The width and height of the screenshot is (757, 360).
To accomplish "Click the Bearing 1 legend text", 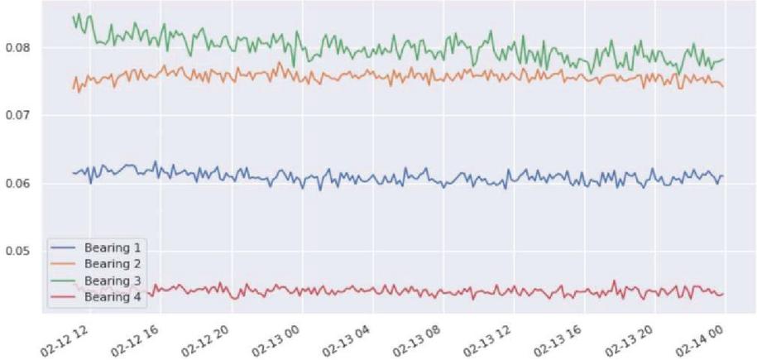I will pos(110,247).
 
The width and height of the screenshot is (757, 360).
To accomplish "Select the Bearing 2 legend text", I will pos(110,263).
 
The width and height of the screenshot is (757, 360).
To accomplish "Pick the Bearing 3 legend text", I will pos(110,279).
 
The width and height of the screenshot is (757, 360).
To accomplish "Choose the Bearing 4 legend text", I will pos(110,295).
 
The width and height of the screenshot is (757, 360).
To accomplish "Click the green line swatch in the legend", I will pos(63,280).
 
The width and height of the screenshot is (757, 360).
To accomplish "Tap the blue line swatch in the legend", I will pos(63,248).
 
